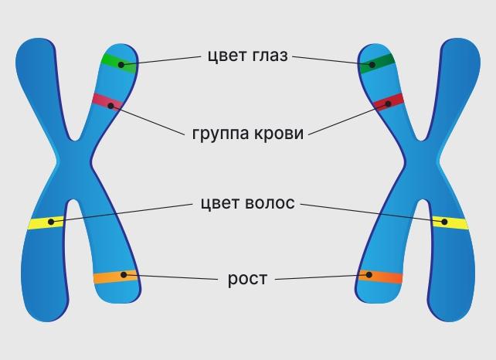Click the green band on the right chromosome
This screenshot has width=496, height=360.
point(377,64)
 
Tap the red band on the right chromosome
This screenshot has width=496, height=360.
point(389,102)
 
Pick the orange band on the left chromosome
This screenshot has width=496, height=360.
point(115,276)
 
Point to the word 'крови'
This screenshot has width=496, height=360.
point(280,132)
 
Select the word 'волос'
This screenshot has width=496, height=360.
point(269,204)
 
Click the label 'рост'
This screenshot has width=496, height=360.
point(247,278)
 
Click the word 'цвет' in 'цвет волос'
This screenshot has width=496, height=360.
point(219,204)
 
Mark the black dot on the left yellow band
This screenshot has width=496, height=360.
point(51,222)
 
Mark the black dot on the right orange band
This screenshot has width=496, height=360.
point(369,275)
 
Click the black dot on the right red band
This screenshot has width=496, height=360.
point(385,103)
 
